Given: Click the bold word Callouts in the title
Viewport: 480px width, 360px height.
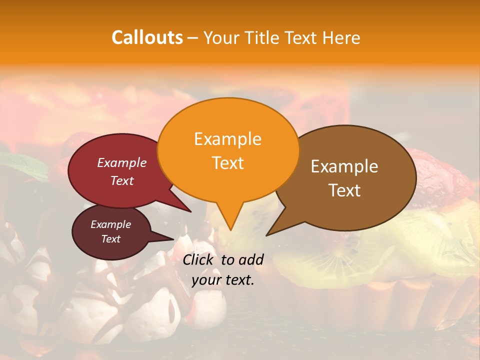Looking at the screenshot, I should tap(147, 37).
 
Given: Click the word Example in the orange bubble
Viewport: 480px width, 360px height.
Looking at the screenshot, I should tap(227, 139).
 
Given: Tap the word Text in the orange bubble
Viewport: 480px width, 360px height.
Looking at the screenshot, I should tap(227, 163).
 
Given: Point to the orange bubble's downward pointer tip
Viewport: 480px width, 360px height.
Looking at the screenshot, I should tap(230, 230).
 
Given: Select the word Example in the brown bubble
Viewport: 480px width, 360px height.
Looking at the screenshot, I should tap(344, 166).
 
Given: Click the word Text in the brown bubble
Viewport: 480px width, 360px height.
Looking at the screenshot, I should tap(344, 190).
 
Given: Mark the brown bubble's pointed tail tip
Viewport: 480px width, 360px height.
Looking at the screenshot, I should tap(266, 235).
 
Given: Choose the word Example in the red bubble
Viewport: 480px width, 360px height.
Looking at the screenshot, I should tap(121, 162).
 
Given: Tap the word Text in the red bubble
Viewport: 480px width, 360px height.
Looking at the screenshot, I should tap(121, 180).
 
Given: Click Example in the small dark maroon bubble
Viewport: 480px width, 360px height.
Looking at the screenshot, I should tap(110, 224).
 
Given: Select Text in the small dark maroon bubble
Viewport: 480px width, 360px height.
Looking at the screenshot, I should tap(110, 239).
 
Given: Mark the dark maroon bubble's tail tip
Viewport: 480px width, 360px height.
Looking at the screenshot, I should tap(173, 238).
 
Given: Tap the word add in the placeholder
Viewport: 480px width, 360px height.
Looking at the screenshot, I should tap(250, 259).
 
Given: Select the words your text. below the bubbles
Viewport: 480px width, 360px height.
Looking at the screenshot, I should tap(222, 280).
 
